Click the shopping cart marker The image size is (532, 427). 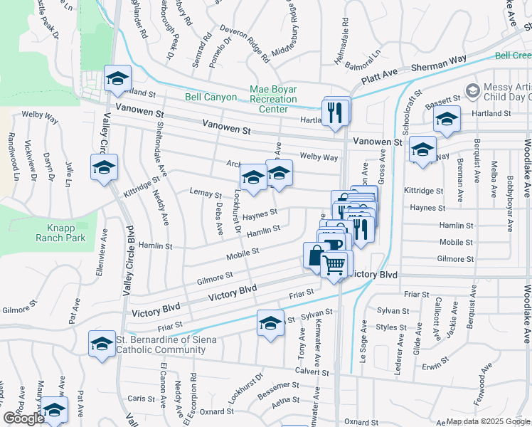(334, 265)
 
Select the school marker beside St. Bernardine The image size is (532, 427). (102, 344)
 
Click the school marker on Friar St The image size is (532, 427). (270, 324)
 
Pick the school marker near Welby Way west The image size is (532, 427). (104, 168)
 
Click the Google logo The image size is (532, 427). (23, 418)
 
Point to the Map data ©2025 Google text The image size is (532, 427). (487, 421)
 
